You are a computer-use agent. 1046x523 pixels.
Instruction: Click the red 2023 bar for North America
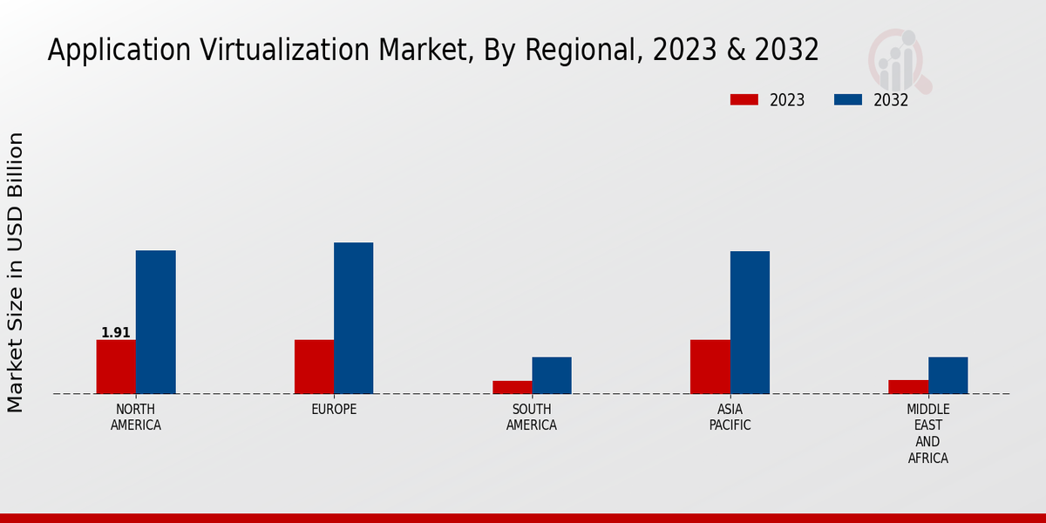pyautogui.click(x=116, y=366)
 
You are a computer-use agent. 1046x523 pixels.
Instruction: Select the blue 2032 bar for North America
pyautogui.click(x=155, y=322)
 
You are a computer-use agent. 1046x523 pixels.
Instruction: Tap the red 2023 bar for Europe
pyautogui.click(x=314, y=366)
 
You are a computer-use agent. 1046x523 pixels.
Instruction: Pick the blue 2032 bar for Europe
pyautogui.click(x=353, y=317)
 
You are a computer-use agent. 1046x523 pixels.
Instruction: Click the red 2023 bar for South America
pyautogui.click(x=512, y=387)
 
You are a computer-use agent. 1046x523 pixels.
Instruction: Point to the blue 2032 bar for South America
pyautogui.click(x=552, y=375)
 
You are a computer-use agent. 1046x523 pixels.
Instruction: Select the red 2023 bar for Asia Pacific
pyautogui.click(x=710, y=366)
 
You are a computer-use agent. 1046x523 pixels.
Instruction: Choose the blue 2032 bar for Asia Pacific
pyautogui.click(x=750, y=322)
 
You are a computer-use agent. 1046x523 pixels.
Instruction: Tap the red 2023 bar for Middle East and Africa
pyautogui.click(x=908, y=386)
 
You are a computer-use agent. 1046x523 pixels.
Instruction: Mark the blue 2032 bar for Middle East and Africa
pyautogui.click(x=948, y=375)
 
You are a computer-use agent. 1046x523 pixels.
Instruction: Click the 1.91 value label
pyautogui.click(x=116, y=332)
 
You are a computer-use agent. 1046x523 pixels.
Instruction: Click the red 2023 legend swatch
pyautogui.click(x=744, y=99)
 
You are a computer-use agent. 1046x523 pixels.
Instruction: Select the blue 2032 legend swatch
pyautogui.click(x=847, y=99)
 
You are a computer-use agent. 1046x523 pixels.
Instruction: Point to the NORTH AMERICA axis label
pyautogui.click(x=136, y=417)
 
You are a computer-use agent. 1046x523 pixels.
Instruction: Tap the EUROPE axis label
pyautogui.click(x=334, y=409)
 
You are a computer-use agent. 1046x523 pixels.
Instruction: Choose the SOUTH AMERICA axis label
pyautogui.click(x=532, y=417)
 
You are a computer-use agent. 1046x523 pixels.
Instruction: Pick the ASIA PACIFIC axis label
pyautogui.click(x=730, y=417)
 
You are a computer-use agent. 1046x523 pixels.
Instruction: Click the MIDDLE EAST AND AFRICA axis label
pyautogui.click(x=927, y=433)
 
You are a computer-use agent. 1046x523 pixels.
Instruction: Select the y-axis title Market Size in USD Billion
pyautogui.click(x=16, y=272)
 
